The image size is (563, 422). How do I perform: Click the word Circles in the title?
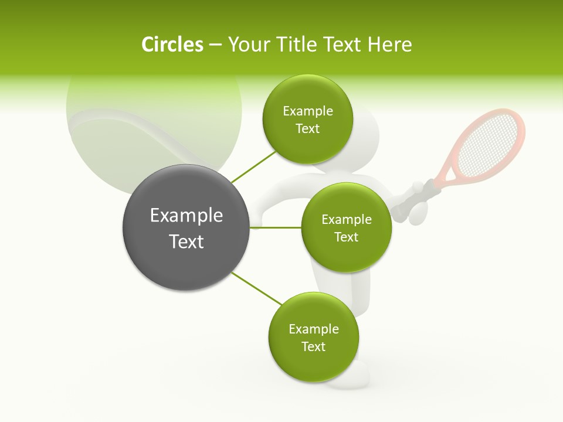pos(172,45)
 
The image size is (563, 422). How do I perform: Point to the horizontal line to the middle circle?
pos(276,227)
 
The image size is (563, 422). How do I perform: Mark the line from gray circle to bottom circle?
pos(257,288)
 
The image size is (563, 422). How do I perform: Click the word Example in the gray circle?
pos(186,216)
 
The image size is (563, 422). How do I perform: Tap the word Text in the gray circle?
pos(186,241)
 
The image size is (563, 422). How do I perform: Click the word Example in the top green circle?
pos(308,111)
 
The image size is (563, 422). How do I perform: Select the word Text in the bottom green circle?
pos(313,347)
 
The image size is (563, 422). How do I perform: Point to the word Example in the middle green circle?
pos(347,220)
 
